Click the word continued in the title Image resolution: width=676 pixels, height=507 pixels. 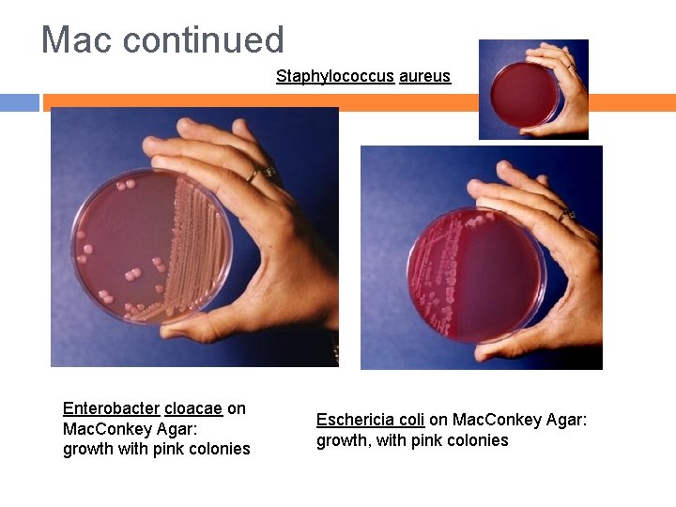point(203,40)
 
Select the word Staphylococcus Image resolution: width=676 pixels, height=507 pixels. point(334,76)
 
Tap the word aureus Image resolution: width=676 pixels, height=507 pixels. point(424,76)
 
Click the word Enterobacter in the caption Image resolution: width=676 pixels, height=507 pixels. point(111,408)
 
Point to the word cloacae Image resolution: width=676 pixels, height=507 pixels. point(193,408)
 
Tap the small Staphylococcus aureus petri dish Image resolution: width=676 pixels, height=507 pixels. point(523,94)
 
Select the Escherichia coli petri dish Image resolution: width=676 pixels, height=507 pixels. point(477,274)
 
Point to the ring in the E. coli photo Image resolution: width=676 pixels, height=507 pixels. point(566,215)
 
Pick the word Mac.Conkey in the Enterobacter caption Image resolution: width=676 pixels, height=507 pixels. point(103,428)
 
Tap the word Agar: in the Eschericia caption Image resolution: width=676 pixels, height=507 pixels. point(564,420)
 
